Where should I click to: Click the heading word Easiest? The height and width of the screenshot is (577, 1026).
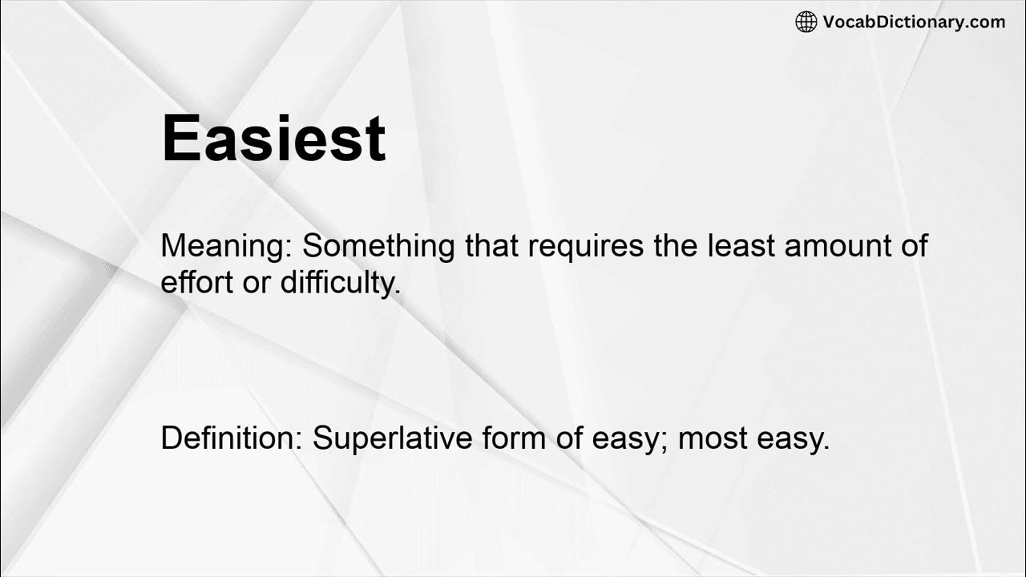click(273, 138)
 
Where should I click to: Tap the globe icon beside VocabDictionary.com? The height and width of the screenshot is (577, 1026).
click(806, 22)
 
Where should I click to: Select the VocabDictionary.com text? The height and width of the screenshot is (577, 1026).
click(914, 22)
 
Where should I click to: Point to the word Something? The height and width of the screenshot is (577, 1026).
click(379, 246)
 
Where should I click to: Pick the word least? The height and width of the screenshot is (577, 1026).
click(741, 246)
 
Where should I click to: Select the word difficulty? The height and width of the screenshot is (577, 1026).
click(340, 283)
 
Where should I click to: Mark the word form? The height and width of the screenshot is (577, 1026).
click(507, 438)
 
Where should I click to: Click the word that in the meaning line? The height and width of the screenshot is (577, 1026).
click(492, 246)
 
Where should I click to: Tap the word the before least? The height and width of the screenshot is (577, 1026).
click(676, 246)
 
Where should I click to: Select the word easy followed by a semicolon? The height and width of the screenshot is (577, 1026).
click(628, 440)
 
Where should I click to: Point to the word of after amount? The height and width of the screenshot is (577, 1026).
click(913, 246)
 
